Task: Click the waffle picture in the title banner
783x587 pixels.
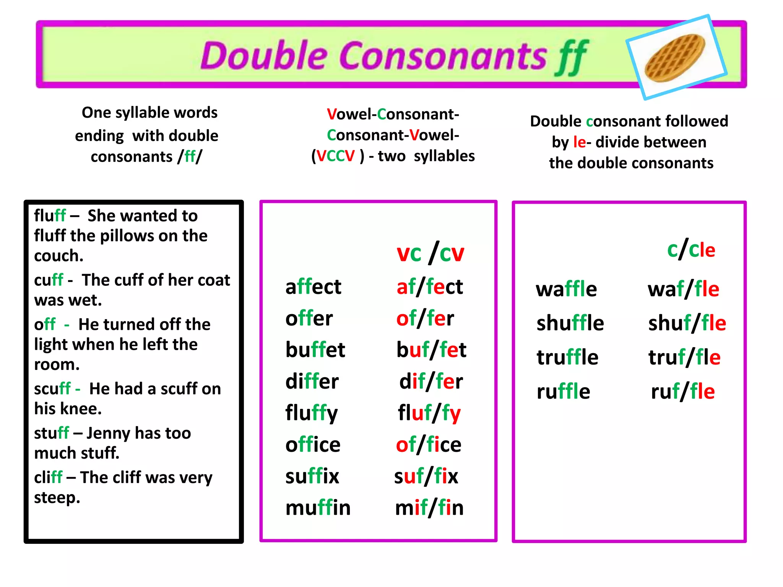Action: point(676,57)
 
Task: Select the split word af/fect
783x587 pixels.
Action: point(430,287)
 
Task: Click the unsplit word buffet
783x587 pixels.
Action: point(315,350)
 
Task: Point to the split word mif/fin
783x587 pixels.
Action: point(429,508)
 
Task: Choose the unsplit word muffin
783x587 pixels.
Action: point(318,508)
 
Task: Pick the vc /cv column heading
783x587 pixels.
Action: point(430,253)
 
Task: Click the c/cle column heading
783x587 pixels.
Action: point(691,250)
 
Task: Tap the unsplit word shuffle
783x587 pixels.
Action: point(570,323)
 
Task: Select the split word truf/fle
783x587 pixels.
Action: point(684,357)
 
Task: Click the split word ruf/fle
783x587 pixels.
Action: point(683,391)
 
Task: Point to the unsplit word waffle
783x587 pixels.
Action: point(566,289)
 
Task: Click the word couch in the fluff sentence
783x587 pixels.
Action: point(58,256)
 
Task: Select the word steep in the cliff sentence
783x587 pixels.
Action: point(56,498)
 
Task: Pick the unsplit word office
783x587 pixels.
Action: point(313,444)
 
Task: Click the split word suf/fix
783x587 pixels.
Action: point(426,476)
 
